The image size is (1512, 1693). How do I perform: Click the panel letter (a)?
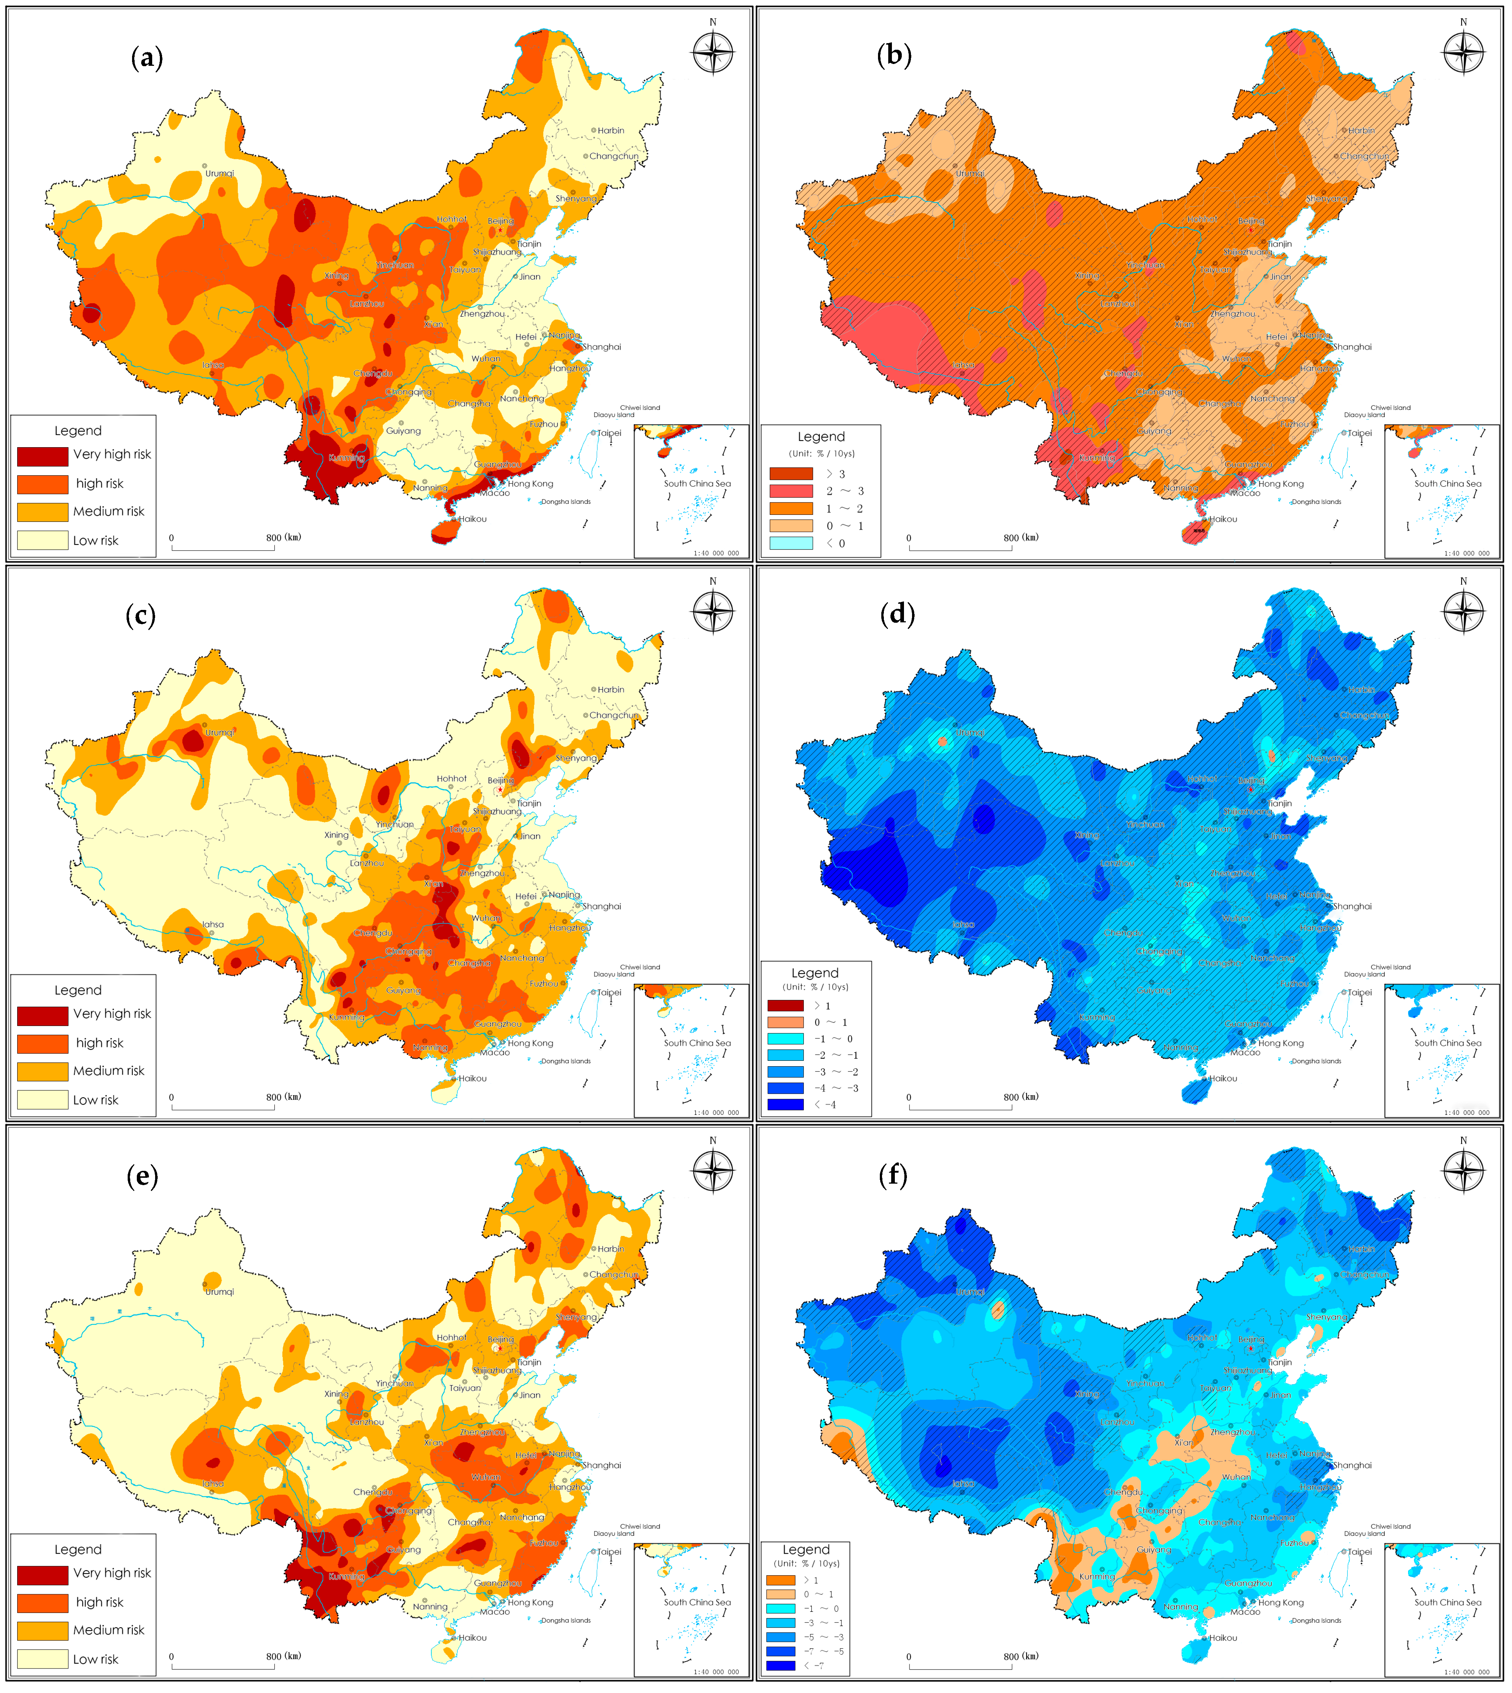pyautogui.click(x=147, y=58)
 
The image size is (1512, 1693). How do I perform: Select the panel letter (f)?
pyautogui.click(x=893, y=1175)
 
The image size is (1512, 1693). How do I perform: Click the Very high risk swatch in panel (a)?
pyautogui.click(x=42, y=456)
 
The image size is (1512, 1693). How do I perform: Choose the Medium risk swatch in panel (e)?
pyautogui.click(x=42, y=1630)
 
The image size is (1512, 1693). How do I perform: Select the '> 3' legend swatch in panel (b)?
pyautogui.click(x=791, y=473)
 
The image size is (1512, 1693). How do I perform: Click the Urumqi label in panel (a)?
pyautogui.click(x=220, y=174)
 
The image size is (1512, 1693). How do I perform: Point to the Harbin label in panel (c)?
pyautogui.click(x=611, y=689)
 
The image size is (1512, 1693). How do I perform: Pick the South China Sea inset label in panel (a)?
pyautogui.click(x=697, y=483)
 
